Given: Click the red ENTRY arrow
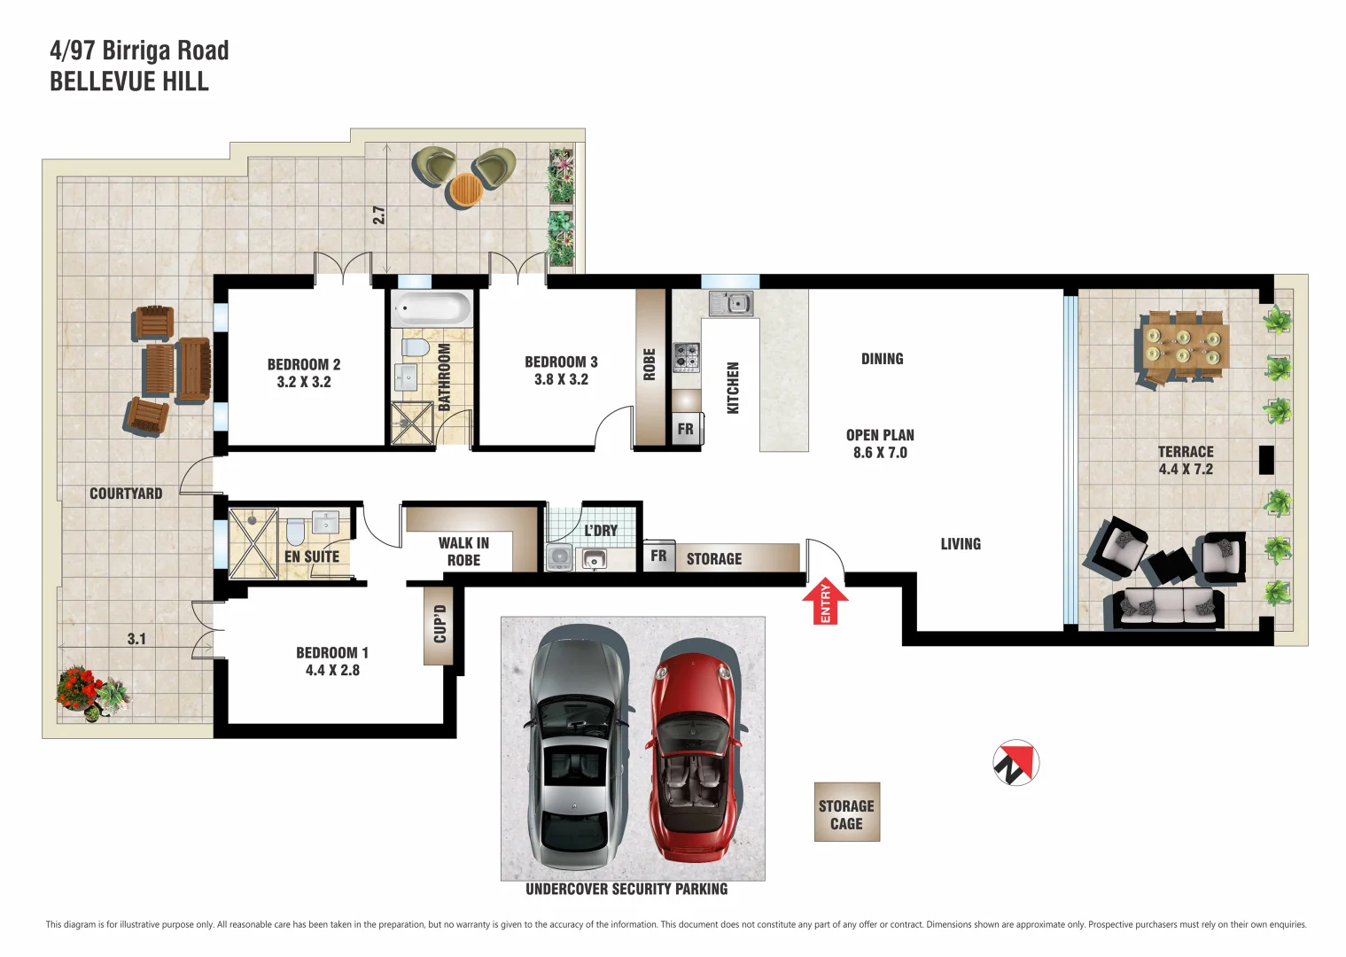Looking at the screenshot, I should pos(825,603).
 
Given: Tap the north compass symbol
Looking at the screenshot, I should pos(1015,763).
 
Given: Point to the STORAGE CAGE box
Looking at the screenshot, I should pos(846,813).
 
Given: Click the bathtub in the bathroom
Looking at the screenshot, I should pos(432,309).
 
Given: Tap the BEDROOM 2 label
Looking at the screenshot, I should pos(304,364).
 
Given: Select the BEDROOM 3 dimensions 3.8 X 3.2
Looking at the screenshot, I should pos(561,379).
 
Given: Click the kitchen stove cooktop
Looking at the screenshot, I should pos(686,356).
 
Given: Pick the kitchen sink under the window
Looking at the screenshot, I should pos(731,304).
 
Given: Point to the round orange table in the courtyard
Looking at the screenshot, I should pos(466,189).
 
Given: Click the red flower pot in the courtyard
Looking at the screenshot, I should pos(79,689).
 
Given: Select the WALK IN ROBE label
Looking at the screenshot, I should pos(463,551).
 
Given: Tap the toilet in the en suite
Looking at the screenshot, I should pos(296,533).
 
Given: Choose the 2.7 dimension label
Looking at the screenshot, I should pos(378,215).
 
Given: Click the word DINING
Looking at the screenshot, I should pos(882,359).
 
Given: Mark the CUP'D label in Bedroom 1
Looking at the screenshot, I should pos(440,624).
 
